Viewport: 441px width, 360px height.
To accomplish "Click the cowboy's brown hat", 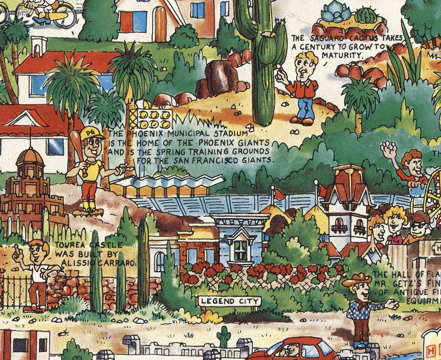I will point(356,279).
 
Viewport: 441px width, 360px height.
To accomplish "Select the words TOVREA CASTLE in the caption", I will point(89,245).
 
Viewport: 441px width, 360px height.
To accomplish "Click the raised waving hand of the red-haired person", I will point(388,149).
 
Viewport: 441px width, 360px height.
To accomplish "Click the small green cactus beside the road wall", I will point(223,336).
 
